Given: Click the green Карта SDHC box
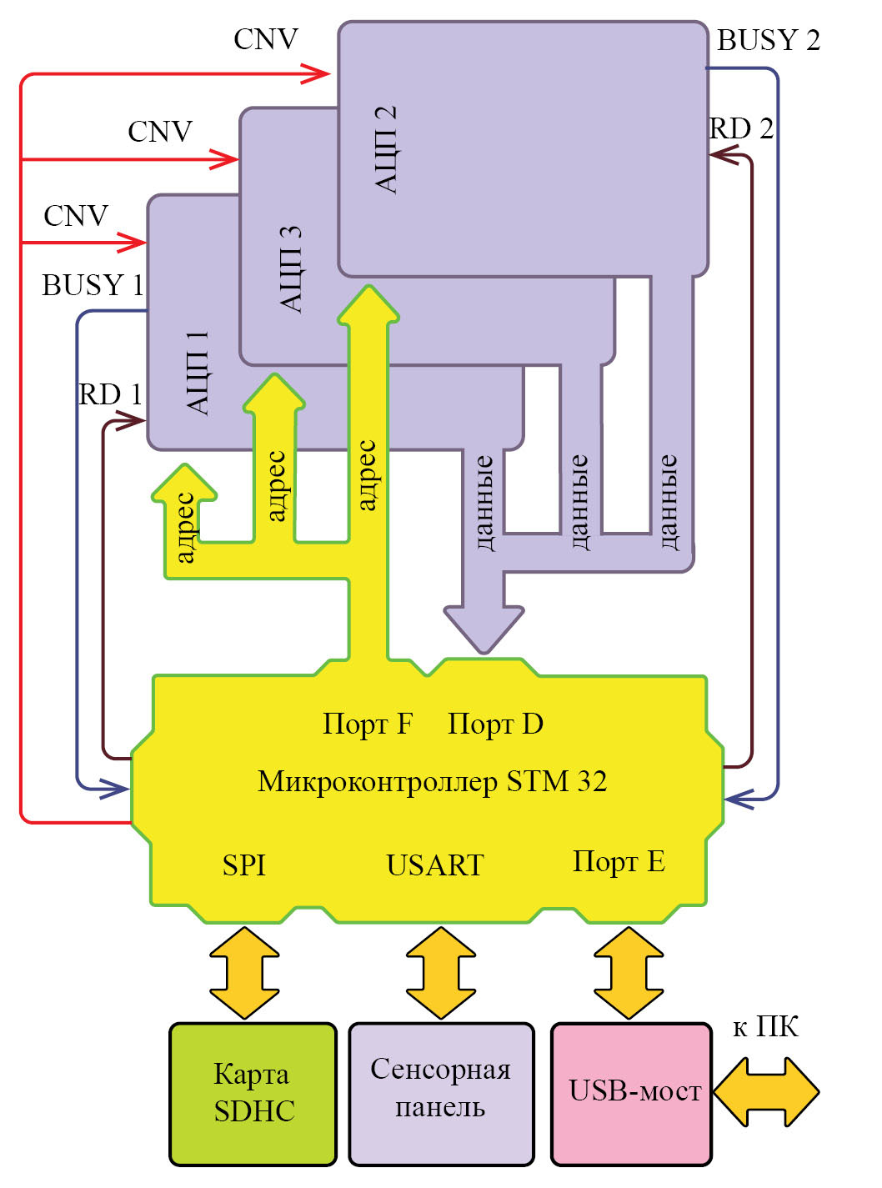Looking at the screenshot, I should (x=253, y=1093).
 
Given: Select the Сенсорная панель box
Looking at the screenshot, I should (x=441, y=1093).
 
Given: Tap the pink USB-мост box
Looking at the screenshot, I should (x=632, y=1093).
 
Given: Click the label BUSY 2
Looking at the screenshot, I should (x=769, y=40).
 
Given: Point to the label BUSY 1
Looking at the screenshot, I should (x=93, y=285).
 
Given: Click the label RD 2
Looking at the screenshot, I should (x=741, y=128).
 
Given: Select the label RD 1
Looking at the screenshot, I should (x=110, y=394).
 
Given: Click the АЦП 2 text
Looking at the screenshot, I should (x=385, y=150).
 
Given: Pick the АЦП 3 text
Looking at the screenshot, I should (x=290, y=269).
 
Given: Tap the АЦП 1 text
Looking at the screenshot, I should (x=198, y=373).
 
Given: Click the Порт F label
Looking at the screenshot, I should (x=368, y=724).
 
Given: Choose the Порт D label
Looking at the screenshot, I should (x=495, y=724).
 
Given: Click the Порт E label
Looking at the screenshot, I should (x=619, y=862).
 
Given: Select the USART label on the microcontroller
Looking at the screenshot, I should (x=435, y=865).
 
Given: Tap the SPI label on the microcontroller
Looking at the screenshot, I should (x=244, y=865).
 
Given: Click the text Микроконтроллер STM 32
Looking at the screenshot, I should (x=432, y=782).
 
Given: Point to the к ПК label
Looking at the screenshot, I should (x=765, y=1027).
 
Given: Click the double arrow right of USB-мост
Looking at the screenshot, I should (x=766, y=1092).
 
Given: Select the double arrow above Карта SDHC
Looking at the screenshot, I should (x=244, y=972).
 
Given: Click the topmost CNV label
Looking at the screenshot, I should (x=265, y=39).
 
